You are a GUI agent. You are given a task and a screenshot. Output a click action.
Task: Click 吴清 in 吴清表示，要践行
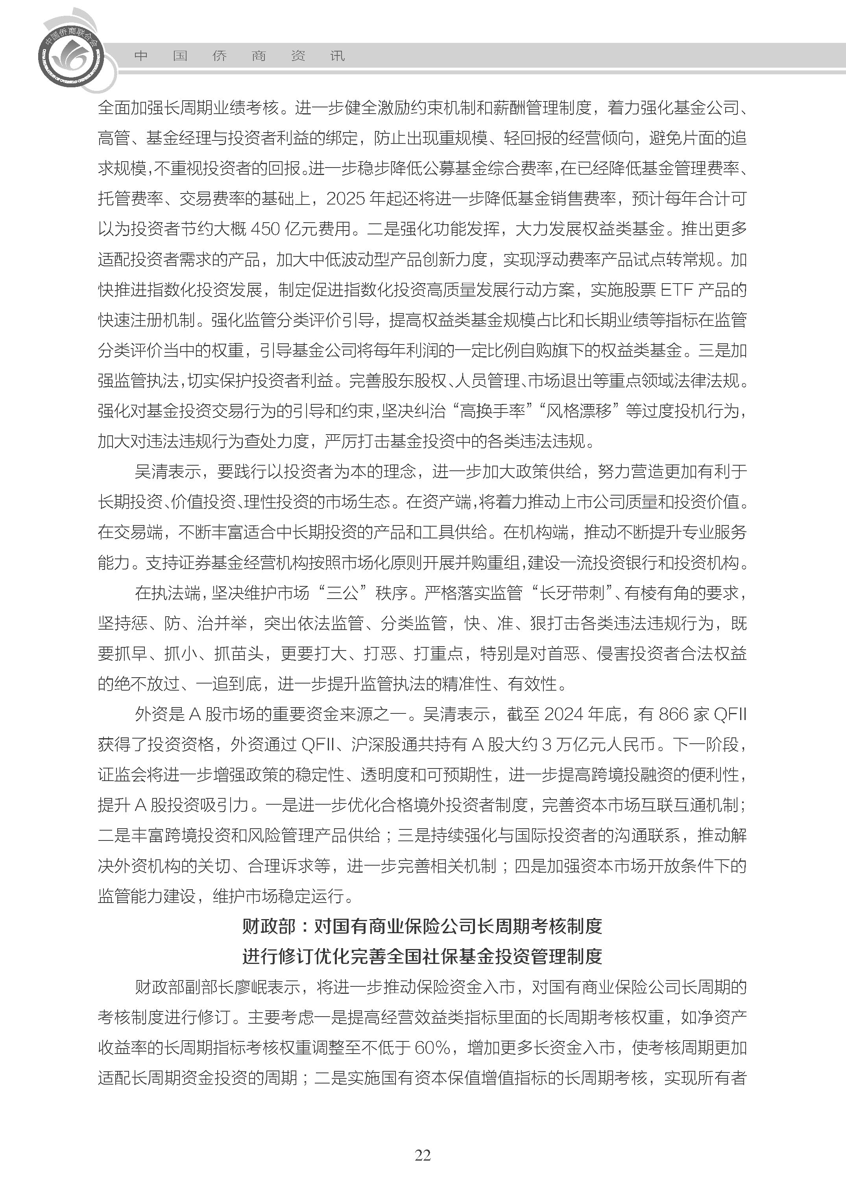point(151,471)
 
